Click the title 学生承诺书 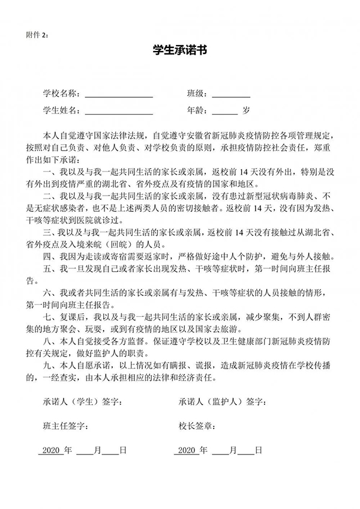[180, 52]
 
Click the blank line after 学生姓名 [119, 111]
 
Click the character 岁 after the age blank [246, 110]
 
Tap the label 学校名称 [61, 94]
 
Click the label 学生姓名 [61, 111]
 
